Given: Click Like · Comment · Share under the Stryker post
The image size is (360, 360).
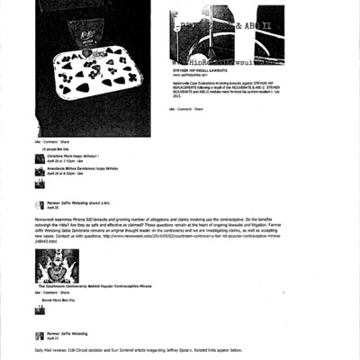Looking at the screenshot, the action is coord(184,109).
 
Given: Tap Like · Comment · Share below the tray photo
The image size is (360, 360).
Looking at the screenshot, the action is coord(50,141).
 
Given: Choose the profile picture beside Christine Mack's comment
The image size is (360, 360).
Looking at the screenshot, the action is coord(40,159).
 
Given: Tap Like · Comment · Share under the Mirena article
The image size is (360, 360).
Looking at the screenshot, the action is coord(50,293).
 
